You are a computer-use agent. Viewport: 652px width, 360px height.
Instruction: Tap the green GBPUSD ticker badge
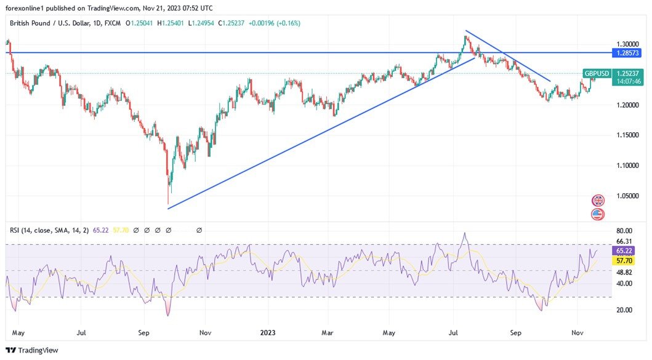coord(597,74)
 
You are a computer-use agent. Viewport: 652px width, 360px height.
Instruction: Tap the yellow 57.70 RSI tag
coord(626,261)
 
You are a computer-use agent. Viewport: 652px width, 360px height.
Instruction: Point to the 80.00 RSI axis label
coord(624,231)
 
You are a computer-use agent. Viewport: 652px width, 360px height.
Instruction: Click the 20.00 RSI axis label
coord(624,310)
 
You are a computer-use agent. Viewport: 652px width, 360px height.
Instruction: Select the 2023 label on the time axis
coord(268,333)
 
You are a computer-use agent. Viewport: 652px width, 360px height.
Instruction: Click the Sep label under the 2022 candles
coord(143,333)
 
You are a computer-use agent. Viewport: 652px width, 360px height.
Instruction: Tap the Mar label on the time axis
coord(327,333)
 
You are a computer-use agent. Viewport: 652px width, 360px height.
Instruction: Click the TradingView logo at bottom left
coord(32,350)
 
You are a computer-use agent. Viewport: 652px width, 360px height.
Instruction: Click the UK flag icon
coord(598,201)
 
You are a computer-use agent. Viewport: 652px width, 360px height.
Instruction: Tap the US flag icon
coord(598,215)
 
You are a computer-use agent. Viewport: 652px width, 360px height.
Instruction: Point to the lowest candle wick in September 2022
coord(168,204)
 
